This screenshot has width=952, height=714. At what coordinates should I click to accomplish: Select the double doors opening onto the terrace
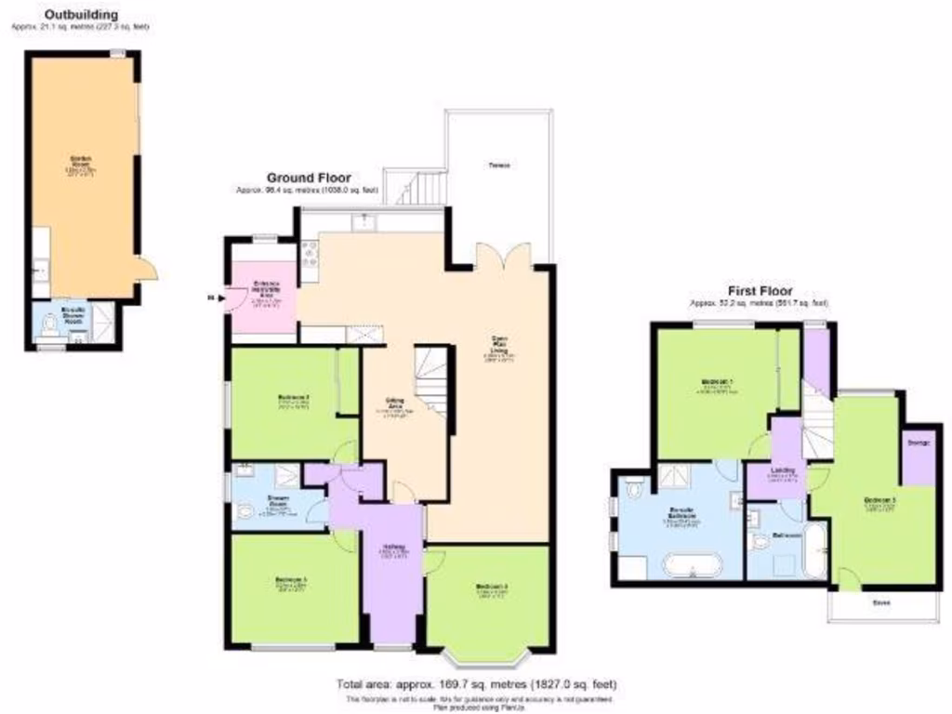pos(503,254)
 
